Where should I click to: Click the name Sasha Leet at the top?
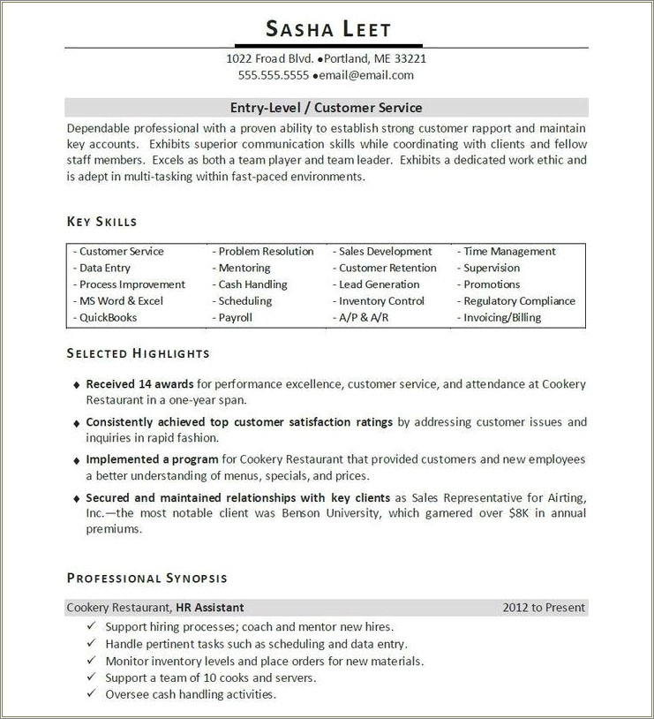pyautogui.click(x=327, y=29)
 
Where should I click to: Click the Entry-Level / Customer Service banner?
pyautogui.click(x=327, y=108)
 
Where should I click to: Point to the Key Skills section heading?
pyautogui.click(x=102, y=222)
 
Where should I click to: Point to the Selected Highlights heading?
pyautogui.click(x=139, y=353)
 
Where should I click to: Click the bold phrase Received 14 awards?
pyautogui.click(x=139, y=384)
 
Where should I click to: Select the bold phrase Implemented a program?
pyautogui.click(x=152, y=459)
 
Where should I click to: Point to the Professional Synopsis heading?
pyautogui.click(x=147, y=579)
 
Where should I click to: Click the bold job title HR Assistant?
pyautogui.click(x=210, y=608)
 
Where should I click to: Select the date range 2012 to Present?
pyautogui.click(x=544, y=608)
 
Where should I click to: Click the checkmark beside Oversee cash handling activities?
pyautogui.click(x=92, y=694)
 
